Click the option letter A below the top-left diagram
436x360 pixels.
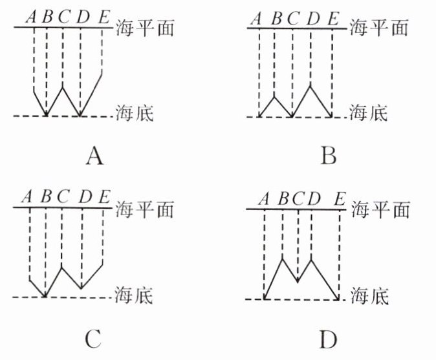pos(94,157)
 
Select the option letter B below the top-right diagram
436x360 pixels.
pos(329,157)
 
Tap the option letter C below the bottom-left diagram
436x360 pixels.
pos(94,337)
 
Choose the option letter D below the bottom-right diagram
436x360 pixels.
pos(329,338)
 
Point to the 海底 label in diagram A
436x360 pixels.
pos(134,114)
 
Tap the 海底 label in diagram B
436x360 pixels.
pos(368,115)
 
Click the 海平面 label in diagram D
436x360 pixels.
pos(382,209)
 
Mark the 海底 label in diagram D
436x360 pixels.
pos(369,297)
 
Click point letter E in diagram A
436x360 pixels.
pos(104,17)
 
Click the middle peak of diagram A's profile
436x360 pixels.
pos(63,83)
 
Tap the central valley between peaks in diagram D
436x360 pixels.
pos(297,282)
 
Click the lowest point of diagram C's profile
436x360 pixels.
pos(45,296)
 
